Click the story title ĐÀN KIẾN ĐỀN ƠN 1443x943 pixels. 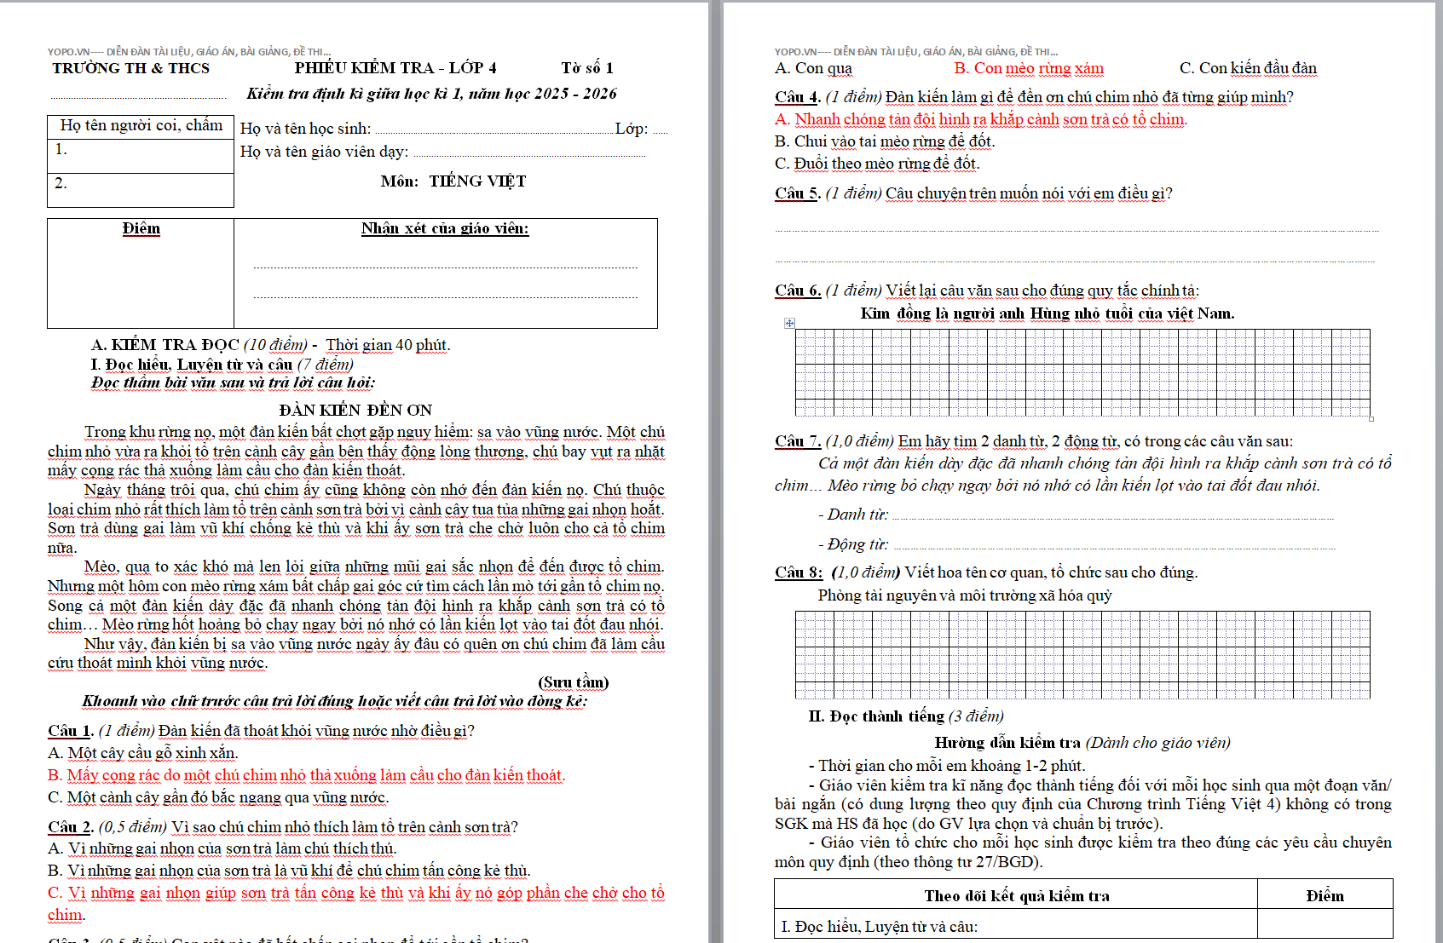[355, 410]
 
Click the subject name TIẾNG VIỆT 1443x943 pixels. [477, 181]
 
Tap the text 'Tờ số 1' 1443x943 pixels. [586, 68]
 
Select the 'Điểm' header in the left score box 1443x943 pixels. [141, 228]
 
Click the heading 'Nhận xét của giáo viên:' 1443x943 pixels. [444, 228]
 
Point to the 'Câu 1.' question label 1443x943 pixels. [70, 731]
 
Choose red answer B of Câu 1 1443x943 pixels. [306, 775]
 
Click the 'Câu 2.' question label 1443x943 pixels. [70, 827]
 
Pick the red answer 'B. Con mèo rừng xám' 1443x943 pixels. [1028, 68]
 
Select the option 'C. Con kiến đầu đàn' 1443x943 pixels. [1248, 68]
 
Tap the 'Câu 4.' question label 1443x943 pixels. [797, 97]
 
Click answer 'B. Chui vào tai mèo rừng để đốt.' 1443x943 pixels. [885, 141]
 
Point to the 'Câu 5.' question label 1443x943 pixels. [797, 193]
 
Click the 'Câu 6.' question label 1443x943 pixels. [797, 290]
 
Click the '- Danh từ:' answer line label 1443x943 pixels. [853, 515]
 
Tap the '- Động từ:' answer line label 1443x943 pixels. [853, 544]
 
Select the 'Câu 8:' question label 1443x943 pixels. [799, 572]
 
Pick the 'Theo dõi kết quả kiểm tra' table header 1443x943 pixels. [1016, 895]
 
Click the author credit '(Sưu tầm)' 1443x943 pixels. [573, 682]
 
